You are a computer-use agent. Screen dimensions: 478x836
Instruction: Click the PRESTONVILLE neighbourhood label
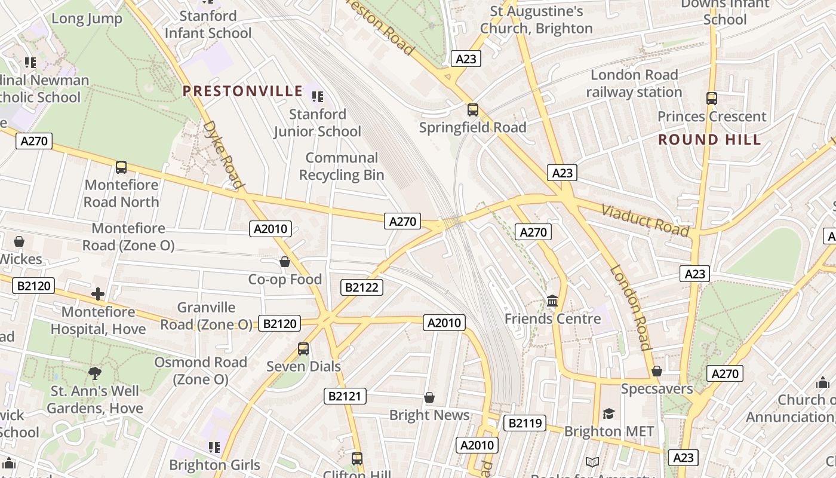coord(242,91)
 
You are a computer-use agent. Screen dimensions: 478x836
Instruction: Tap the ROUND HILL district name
coord(709,140)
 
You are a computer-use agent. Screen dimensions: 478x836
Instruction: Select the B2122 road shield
coord(362,287)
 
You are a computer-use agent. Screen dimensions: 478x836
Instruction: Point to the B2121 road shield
coord(345,396)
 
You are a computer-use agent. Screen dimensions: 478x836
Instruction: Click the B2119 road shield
coord(525,424)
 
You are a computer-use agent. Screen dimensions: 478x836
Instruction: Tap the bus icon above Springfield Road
coord(472,110)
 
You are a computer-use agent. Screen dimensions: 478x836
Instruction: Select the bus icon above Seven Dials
coord(303,349)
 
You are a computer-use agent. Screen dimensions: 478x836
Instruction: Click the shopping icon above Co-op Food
coord(285,262)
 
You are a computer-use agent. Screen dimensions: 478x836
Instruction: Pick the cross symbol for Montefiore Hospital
coord(98,294)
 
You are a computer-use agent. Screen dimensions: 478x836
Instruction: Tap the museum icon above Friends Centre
coord(552,301)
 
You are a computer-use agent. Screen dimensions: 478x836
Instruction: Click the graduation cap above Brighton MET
coord(608,413)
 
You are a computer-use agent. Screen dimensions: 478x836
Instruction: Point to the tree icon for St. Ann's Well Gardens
coord(94,374)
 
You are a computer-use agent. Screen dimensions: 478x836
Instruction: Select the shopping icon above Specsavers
coord(657,371)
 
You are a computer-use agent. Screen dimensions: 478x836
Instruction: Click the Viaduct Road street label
coord(645,220)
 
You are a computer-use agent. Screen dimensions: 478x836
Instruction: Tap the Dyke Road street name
coord(224,155)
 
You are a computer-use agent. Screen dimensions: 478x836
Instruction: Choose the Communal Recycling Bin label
coord(342,166)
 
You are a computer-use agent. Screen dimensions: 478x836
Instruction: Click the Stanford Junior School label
coord(318,122)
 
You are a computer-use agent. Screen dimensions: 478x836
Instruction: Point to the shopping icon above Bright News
coord(429,397)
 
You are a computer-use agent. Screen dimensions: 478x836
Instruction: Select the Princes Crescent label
coord(711,117)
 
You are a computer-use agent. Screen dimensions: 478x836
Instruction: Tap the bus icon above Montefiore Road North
coord(121,167)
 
